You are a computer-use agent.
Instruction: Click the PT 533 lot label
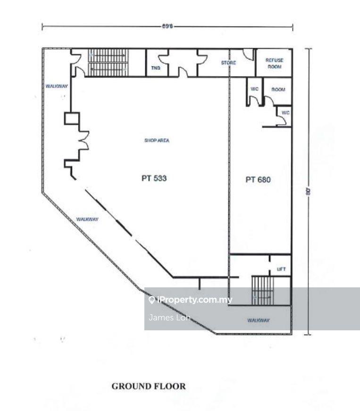154,178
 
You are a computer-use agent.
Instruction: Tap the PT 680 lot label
258,179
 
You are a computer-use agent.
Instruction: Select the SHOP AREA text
157,140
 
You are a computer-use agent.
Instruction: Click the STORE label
228,62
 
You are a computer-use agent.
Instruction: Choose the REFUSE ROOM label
274,64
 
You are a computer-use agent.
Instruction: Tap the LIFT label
281,269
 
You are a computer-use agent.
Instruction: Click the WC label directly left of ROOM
254,89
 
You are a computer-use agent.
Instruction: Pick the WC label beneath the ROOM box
285,112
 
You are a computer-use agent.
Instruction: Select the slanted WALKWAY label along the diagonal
87,219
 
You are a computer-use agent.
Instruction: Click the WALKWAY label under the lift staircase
258,320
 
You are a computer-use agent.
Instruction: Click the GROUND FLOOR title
149,386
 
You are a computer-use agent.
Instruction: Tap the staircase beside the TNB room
108,62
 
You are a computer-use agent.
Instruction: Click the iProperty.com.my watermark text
194,300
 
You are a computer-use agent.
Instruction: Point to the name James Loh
169,317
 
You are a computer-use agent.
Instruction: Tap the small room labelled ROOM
278,89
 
